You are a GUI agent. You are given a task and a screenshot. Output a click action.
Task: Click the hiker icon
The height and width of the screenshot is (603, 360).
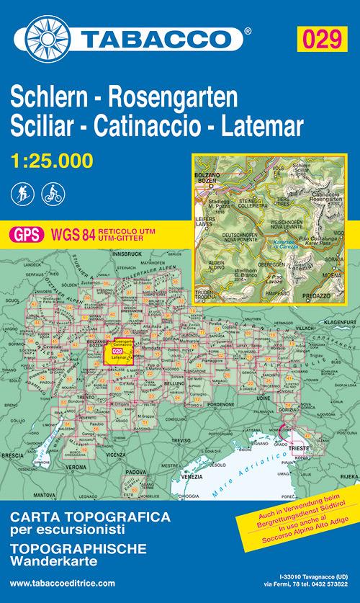tap(22, 192)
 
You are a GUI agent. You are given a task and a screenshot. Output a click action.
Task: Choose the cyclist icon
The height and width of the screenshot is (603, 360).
tap(52, 192)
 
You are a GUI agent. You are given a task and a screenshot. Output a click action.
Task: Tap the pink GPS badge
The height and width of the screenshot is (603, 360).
tap(26, 233)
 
